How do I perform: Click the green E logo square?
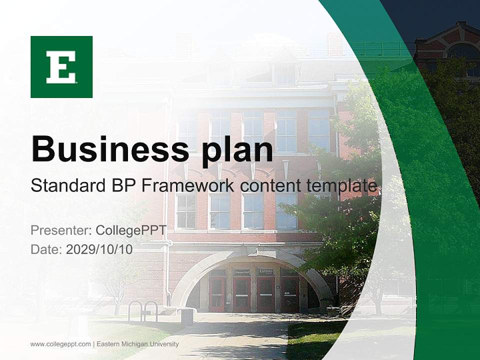61,67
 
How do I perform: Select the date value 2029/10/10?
99,249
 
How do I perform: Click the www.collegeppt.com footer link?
60,344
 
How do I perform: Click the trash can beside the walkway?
187,316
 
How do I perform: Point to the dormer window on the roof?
284,73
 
